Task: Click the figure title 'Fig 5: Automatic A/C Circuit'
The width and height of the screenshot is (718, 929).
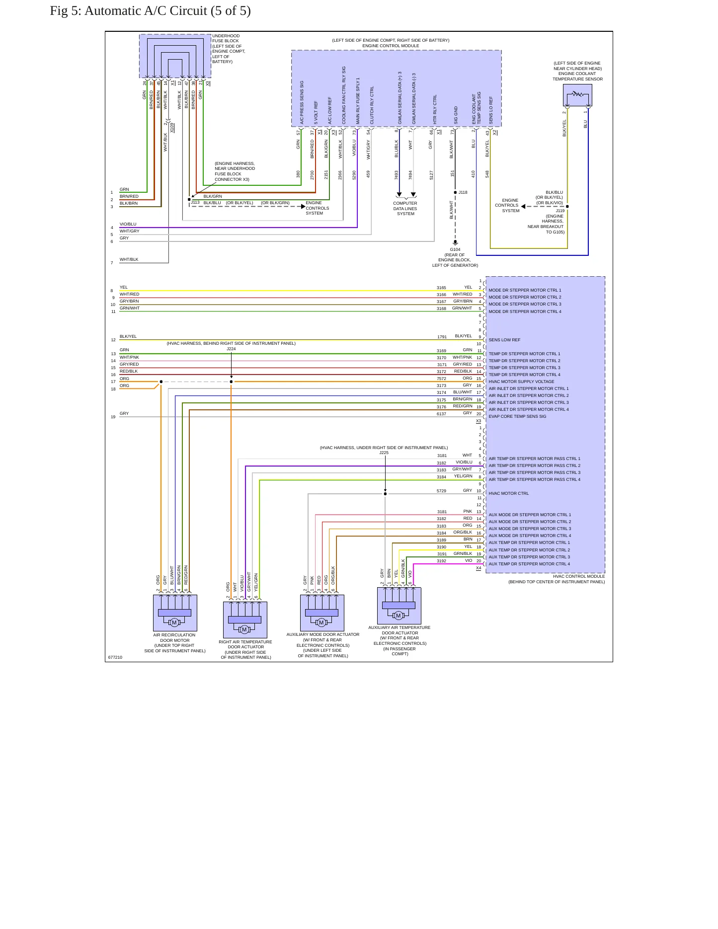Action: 128,11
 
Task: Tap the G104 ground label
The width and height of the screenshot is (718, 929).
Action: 455,249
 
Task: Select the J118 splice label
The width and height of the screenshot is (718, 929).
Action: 463,192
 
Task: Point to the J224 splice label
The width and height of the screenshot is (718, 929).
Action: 231,349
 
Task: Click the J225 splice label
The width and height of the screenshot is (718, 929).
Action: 384,453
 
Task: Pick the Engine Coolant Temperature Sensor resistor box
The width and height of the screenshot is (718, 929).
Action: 577,95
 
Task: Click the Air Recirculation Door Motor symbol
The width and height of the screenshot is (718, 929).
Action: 175,613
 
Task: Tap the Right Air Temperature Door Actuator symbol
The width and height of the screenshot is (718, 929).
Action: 245,620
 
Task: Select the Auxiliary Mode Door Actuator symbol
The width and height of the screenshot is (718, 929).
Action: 322,613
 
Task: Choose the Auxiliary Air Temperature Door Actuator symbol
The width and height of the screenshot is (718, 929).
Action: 399,606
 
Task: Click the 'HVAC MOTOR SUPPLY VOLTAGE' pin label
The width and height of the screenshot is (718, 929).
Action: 521,382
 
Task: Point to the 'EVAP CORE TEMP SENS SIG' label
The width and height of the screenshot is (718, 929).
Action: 517,416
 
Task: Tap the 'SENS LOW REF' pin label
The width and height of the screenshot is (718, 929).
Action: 504,340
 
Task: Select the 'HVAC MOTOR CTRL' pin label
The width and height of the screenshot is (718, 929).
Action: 508,493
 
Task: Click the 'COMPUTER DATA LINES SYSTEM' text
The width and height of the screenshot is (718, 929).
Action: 405,209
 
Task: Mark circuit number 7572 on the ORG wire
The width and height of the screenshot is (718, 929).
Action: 441,379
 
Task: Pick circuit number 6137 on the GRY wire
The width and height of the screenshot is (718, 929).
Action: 441,414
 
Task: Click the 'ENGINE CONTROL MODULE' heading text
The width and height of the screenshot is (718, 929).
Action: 391,46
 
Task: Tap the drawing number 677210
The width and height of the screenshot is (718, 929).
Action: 115,657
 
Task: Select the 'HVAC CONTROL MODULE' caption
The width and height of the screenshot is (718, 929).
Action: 579,576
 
